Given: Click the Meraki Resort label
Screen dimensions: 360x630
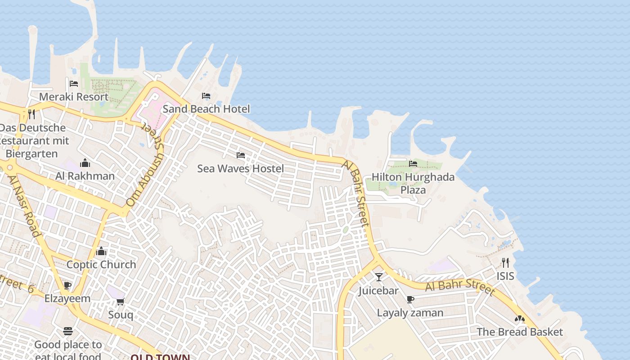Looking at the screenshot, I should point(74,97).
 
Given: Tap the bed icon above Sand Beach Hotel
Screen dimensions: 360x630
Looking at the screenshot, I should point(206,96).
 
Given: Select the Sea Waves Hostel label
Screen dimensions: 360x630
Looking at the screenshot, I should point(240,169).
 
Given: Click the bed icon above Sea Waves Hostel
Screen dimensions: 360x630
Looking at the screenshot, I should point(241,155).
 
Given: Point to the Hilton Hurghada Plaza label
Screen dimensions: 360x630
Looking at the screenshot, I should point(413,183).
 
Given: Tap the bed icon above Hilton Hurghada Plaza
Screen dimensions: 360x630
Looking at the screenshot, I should point(413,163).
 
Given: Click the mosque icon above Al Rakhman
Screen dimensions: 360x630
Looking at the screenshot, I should point(85,163).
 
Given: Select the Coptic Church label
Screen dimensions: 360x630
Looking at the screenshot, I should point(101,265).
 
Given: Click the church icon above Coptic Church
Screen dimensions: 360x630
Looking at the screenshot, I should point(101,251).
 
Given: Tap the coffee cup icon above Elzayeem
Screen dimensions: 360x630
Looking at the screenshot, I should point(67,285).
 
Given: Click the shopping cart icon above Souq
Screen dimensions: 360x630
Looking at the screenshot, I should point(120,301).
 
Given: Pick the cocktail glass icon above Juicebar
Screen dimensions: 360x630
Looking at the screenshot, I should point(378,277).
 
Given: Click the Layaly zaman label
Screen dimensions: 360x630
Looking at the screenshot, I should point(410,313).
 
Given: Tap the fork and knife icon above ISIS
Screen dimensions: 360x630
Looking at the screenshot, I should point(505,262).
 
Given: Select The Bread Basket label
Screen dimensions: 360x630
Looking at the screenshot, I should point(519,332).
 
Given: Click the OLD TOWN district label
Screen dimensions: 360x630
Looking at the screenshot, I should point(160,357).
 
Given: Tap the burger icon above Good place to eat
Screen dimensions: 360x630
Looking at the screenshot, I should point(68,332).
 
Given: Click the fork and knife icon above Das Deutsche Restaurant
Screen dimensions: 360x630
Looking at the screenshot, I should point(31,114).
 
